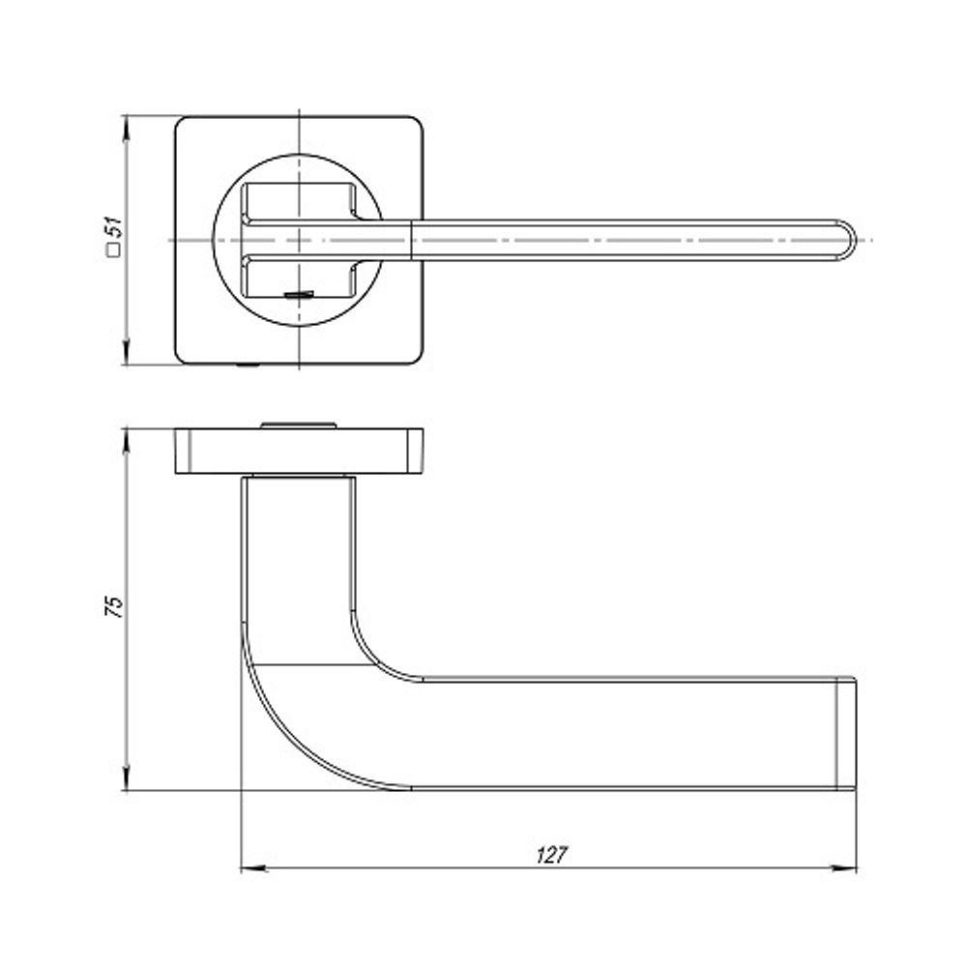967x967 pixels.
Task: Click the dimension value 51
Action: pos(114,229)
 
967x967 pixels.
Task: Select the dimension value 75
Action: pos(114,606)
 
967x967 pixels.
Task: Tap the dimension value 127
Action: pos(550,855)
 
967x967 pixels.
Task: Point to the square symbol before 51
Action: pos(114,250)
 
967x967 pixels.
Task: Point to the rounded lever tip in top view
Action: pos(846,239)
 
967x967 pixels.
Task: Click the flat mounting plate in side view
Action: pos(300,451)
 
